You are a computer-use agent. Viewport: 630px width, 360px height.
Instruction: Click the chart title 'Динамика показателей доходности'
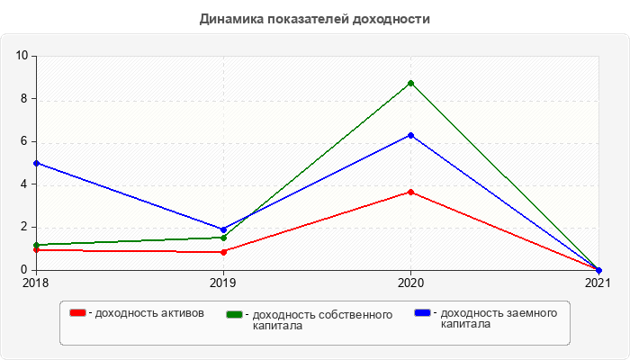coord(314,19)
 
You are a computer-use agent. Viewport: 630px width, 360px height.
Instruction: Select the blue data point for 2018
coord(36,163)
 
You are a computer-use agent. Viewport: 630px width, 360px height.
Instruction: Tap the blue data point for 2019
coord(223,229)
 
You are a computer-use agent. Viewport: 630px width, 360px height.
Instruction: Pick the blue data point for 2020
coord(411,135)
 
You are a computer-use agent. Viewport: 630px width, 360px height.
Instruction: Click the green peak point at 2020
coord(411,83)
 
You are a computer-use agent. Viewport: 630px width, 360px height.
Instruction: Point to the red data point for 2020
coord(411,192)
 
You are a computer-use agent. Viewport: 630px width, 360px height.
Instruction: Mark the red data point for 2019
coord(223,252)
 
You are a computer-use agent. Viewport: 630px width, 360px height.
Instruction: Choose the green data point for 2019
coord(223,238)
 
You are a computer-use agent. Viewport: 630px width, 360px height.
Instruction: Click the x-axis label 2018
coord(36,283)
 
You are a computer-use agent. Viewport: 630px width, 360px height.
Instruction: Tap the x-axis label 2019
coord(223,283)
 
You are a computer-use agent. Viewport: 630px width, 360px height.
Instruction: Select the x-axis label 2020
coord(411,283)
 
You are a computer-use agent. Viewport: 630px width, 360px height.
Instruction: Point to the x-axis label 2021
coord(597,283)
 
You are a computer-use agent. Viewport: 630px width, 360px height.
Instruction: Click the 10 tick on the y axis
coord(22,56)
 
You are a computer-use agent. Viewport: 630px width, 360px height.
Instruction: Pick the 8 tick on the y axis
coord(26,99)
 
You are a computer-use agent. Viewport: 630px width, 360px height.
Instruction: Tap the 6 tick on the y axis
coord(26,141)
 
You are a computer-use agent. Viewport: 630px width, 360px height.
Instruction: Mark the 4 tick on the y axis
coord(26,184)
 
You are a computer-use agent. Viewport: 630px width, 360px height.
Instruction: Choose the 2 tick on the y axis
coord(26,227)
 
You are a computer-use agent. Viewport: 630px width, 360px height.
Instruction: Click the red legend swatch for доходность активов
coord(78,312)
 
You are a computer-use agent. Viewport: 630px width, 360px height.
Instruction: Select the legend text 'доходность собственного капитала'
coord(322,319)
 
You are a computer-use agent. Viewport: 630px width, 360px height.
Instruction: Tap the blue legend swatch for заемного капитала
coord(422,312)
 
